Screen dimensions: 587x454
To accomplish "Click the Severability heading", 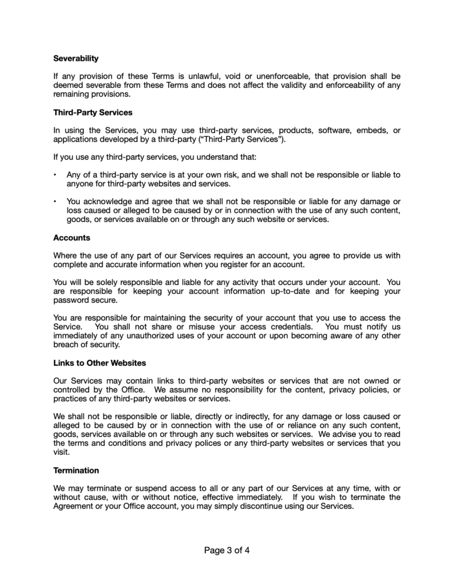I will pos(76,58).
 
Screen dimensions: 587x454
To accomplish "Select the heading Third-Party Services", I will pos(92,112).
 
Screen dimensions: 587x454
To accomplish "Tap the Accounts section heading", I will pos(72,237).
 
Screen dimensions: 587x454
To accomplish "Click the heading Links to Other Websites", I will pos(99,363).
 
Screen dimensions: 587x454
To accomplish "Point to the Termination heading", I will pos(76,471).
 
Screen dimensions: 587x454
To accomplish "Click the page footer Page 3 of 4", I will pos(227,551).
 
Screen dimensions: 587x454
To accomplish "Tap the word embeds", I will pos(364,130).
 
